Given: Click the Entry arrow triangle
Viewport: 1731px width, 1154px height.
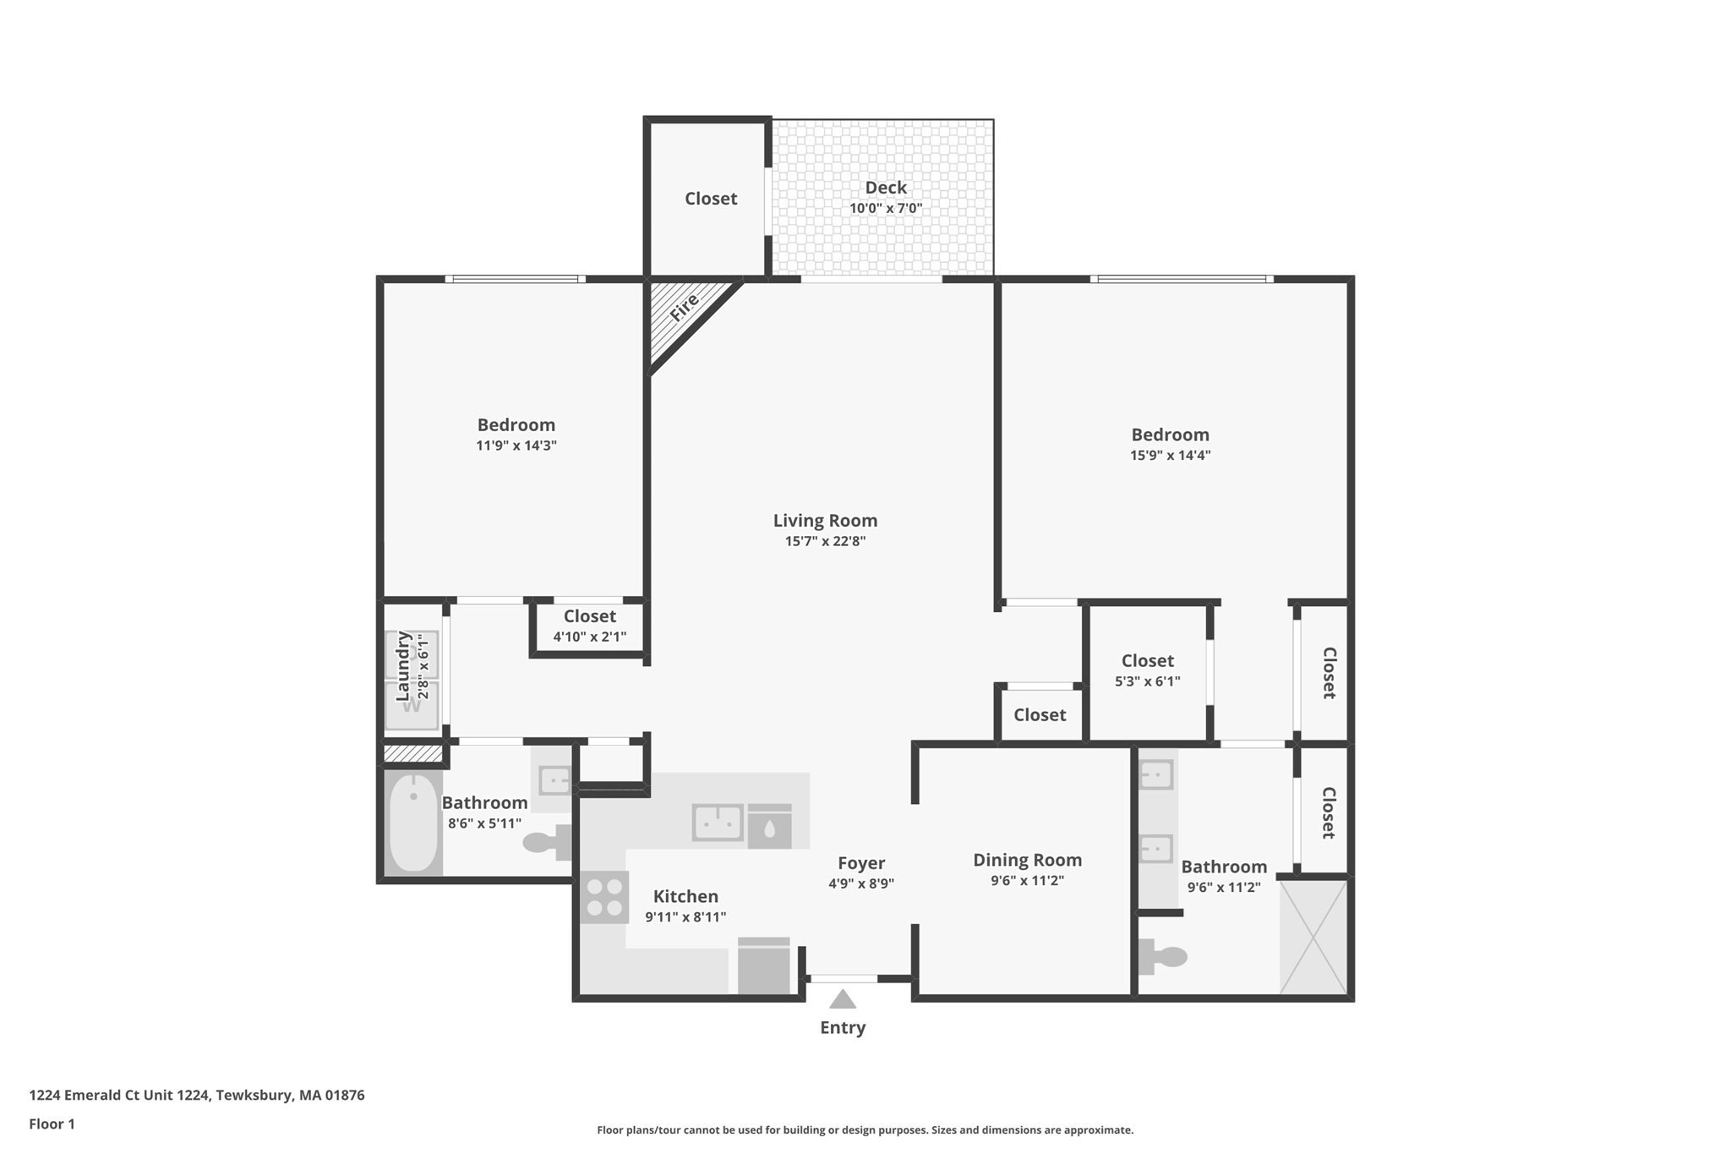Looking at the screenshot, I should coord(842,1000).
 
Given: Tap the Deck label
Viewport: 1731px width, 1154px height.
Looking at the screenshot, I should coord(885,188).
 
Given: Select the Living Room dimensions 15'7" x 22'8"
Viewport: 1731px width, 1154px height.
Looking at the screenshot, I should coord(825,541).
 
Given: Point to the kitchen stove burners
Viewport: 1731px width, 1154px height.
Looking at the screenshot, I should coord(604,897).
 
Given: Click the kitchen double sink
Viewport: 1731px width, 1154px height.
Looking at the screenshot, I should coord(718,822).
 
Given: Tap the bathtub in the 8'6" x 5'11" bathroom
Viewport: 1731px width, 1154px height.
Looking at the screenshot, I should coord(413,823).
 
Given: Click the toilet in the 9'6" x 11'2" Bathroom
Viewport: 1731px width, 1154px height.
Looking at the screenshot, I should coord(1165,957).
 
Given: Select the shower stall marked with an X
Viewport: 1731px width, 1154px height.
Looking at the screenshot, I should coord(1313,937).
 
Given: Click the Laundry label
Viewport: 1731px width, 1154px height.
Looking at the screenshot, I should coord(403,665).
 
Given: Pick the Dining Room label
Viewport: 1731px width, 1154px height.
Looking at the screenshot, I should coord(1027,860).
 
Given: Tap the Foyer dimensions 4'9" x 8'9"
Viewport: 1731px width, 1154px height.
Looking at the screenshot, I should coord(860,883).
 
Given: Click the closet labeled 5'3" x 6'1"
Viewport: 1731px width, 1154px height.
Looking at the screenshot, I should coord(1147,670).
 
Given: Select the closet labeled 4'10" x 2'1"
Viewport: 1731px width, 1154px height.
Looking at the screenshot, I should coord(589,626).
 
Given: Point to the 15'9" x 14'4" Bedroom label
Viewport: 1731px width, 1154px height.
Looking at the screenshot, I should coord(1170,435).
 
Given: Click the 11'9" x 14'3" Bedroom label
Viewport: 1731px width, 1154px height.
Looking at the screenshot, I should coord(516,425).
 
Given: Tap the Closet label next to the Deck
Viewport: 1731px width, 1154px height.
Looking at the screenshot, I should coord(710,199).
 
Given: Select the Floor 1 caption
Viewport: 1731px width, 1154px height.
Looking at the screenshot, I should coord(52,1124).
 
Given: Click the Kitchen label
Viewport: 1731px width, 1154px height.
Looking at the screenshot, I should coord(685,896).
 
